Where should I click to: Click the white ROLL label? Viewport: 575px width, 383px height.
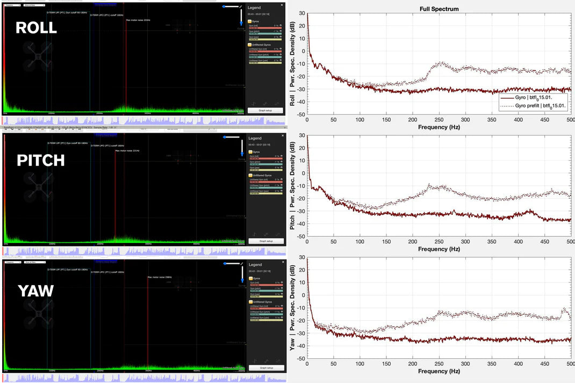36,28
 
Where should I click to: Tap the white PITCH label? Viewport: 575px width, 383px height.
40,160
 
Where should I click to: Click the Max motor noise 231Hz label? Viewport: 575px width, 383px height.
127,151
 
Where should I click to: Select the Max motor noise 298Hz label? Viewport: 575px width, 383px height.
160,277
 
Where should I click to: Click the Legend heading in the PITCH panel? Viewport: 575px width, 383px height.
254,139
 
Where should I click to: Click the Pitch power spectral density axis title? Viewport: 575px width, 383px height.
293,186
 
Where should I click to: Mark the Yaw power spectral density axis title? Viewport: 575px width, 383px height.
293,308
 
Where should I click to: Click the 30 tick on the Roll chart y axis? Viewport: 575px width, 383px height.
302,13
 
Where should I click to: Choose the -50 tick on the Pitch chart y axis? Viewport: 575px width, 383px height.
301,236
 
